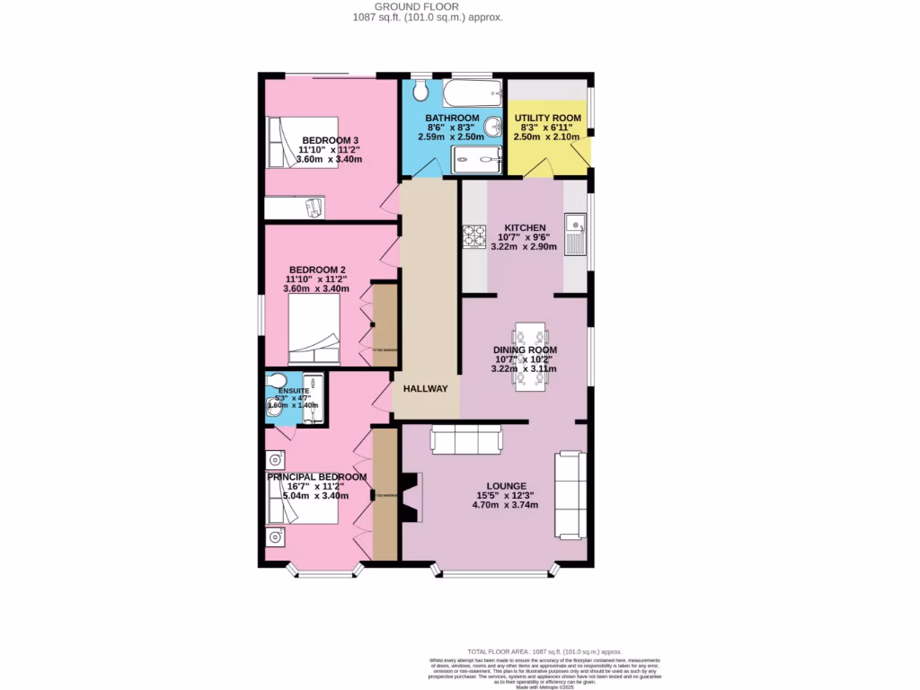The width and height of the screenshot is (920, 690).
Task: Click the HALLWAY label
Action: (x=425, y=389)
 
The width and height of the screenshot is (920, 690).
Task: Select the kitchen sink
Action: (x=575, y=233)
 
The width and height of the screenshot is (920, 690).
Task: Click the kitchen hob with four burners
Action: (x=473, y=235)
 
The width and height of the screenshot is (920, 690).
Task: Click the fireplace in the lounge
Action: (x=411, y=498)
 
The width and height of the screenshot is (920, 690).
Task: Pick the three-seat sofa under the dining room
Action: (x=466, y=439)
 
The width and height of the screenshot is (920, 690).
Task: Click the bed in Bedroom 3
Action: (x=302, y=143)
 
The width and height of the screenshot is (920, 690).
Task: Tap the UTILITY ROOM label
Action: (x=548, y=118)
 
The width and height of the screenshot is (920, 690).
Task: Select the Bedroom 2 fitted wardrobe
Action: (x=385, y=325)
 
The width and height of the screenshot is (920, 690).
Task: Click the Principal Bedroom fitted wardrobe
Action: (x=385, y=494)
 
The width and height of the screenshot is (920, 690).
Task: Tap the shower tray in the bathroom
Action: (x=476, y=160)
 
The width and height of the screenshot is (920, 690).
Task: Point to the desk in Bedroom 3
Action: (x=296, y=208)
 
